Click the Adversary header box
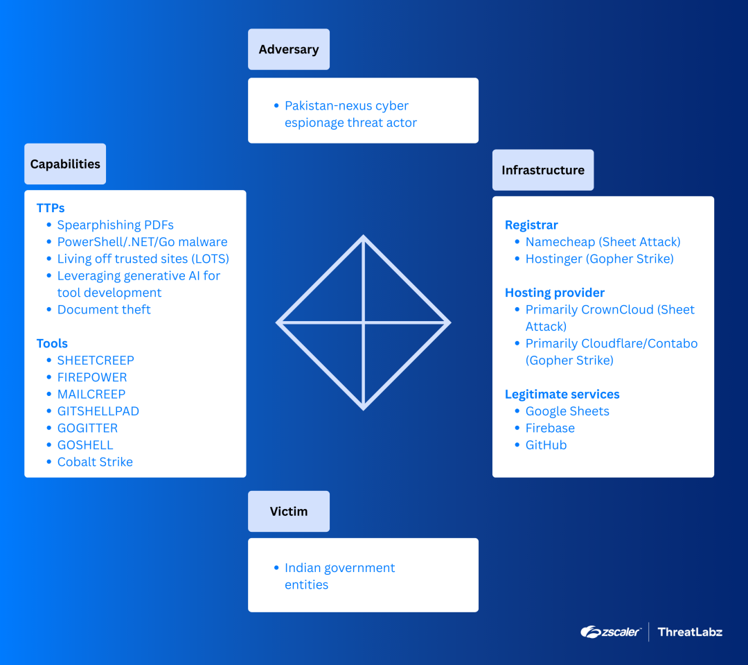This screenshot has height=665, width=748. pos(289,49)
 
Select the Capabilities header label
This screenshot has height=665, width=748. pos(65,164)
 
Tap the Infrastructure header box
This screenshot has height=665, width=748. pos(543,170)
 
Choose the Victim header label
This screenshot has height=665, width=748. pos(289,511)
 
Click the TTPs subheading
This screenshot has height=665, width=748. pos(51,208)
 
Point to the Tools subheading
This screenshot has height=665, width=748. pos(52,343)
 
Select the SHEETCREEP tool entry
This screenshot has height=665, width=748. pos(96,360)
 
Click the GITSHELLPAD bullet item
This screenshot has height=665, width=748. pos(98,411)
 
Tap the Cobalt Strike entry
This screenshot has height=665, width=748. pos(95,462)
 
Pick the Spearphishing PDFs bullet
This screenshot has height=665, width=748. pos(116,225)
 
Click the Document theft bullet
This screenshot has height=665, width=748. pos(104,309)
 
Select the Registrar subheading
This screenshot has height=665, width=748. pos(531,225)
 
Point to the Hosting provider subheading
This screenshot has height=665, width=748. pos(555,293)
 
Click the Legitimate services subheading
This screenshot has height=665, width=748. pos(562,394)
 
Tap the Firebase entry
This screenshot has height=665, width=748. pos(550,428)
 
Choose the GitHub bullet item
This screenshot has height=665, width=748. pos(546,444)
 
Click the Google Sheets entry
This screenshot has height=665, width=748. pos(567,411)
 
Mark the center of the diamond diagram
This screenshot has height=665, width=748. pos(364,322)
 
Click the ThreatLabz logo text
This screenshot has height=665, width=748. pos(690,632)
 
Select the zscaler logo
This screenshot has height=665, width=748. pos(610,632)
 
